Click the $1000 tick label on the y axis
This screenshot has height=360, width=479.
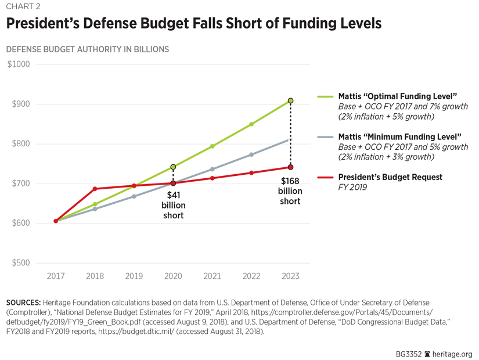coord(19,64)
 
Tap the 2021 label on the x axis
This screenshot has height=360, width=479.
coord(212,276)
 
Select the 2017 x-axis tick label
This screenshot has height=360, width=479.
coord(56,276)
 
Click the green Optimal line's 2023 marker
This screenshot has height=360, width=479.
coord(290,101)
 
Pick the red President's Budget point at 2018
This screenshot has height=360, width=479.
coord(95,189)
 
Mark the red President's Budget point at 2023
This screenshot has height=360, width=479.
coord(290,167)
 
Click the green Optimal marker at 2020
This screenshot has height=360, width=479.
coord(173,167)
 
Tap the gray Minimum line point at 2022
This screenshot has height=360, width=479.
coord(251,154)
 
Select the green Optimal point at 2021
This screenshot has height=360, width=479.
coord(212,146)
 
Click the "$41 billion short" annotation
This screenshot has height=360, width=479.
coord(173,205)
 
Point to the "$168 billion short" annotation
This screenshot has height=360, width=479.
coord(290,190)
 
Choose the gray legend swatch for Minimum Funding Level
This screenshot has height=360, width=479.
coord(325,137)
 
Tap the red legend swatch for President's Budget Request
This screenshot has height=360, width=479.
coord(325,177)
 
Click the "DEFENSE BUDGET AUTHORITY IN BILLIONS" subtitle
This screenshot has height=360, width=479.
coord(87,49)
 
